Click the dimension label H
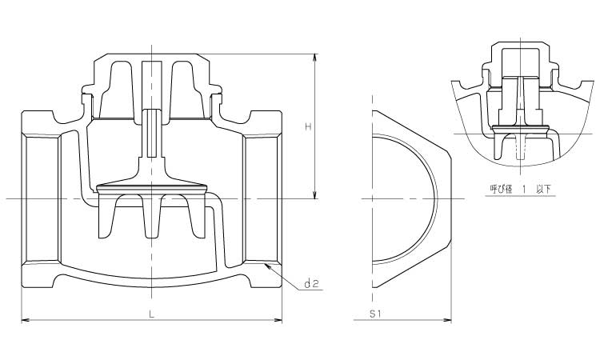coord(308,126)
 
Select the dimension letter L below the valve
coord(151,314)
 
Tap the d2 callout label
coord(311,283)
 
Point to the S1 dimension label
coord(375,314)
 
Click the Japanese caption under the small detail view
coord(521,189)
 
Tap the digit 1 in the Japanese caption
coord(524,189)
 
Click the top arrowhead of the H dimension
coord(315,58)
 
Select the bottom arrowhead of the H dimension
coord(315,194)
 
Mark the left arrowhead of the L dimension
coord(26,320)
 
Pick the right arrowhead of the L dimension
coord(278,320)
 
